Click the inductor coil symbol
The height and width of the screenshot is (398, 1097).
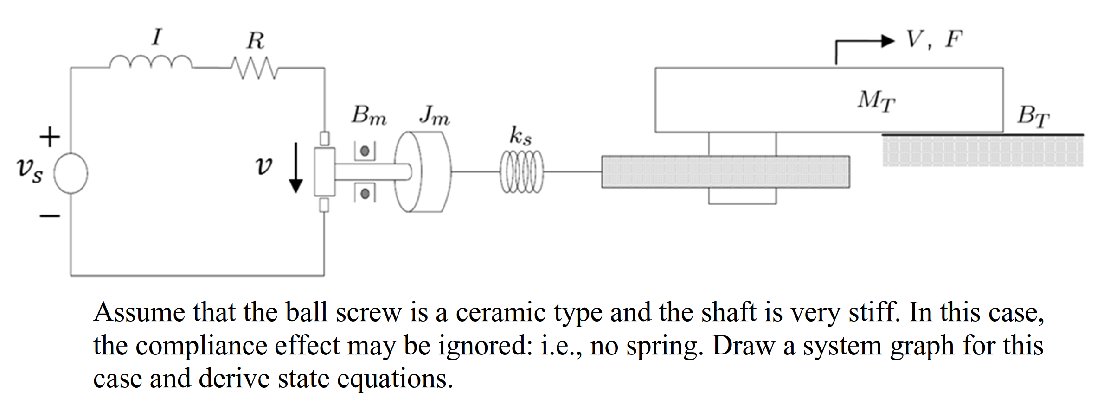click(151, 62)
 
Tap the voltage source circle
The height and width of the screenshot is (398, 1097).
click(71, 173)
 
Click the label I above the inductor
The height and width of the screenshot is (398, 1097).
click(157, 37)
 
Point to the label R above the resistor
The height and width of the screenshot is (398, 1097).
click(256, 40)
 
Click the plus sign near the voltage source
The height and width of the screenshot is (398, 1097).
click(50, 137)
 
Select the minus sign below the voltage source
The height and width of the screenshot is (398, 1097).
click(50, 216)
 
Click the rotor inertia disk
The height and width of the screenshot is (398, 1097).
click(422, 172)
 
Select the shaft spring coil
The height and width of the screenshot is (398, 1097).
click(521, 172)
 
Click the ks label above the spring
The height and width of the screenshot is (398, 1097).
click(520, 136)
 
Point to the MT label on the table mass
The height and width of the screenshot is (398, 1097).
click(876, 101)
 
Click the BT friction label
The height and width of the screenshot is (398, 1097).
click(1033, 116)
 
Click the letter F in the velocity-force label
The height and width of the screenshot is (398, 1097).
click(954, 39)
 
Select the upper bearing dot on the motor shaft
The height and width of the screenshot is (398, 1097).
click(365, 151)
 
